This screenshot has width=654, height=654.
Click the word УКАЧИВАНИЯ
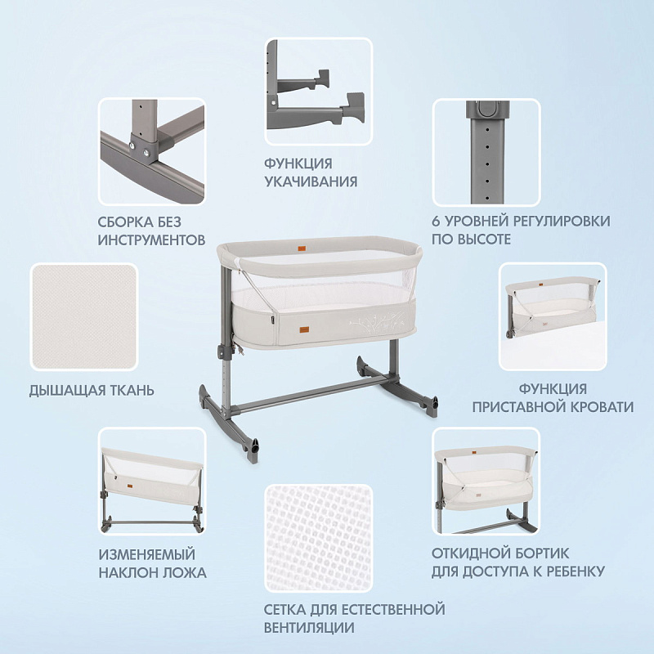point(311,181)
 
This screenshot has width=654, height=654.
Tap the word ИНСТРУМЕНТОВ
point(151,240)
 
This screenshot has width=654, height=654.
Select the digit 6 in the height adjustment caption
point(436,221)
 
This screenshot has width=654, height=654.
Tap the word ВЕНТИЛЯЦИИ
point(309,627)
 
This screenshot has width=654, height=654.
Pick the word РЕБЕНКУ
point(570,571)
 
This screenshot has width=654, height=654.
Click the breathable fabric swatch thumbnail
point(84,317)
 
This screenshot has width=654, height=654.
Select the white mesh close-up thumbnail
point(318,538)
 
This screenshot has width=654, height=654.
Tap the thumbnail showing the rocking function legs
point(318,92)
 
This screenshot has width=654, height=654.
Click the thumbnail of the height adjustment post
point(486,152)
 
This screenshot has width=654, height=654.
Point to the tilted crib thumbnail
point(152,481)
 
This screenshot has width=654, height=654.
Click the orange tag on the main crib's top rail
point(302,249)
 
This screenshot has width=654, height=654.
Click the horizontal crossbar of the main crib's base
point(314,392)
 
